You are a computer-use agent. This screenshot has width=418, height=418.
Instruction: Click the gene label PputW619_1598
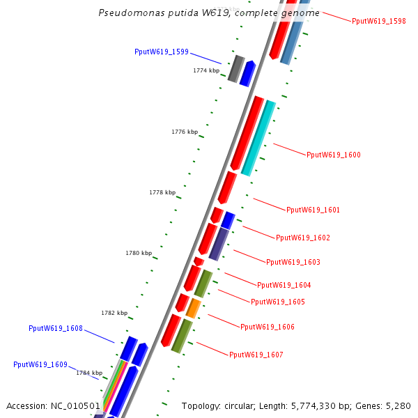click(378, 22)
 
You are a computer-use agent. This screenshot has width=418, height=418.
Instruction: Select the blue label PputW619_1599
click(162, 52)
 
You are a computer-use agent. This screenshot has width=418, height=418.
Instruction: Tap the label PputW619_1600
click(334, 155)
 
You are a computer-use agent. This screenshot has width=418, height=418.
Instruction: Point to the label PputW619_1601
click(313, 210)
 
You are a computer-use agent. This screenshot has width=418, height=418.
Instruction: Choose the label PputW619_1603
click(293, 262)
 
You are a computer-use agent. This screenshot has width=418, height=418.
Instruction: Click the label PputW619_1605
click(277, 302)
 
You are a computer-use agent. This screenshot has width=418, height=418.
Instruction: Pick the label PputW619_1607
click(256, 355)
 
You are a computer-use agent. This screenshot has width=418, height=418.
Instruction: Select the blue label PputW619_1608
click(56, 328)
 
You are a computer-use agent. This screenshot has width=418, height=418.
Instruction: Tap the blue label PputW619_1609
click(40, 364)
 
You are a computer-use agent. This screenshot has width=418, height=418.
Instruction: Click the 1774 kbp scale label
click(206, 70)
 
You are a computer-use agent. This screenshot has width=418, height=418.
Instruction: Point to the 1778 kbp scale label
click(162, 192)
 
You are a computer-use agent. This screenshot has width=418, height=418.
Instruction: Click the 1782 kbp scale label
click(114, 313)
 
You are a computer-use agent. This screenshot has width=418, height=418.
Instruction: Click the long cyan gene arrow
click(258, 138)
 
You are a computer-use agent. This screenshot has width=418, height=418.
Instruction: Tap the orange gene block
click(194, 308)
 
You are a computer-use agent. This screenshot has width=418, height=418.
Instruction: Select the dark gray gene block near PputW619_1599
click(235, 68)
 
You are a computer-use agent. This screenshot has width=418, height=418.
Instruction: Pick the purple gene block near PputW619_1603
click(219, 244)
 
